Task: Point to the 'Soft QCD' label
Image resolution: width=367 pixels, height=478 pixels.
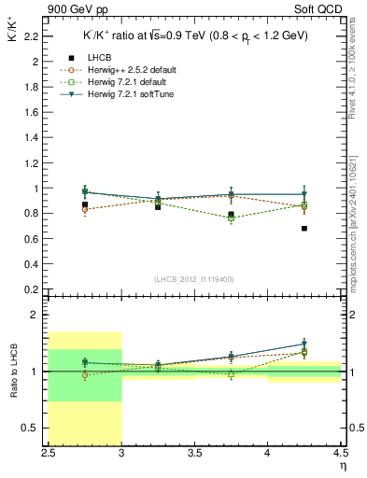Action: [x=324, y=9]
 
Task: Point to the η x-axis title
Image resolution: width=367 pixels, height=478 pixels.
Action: [x=341, y=466]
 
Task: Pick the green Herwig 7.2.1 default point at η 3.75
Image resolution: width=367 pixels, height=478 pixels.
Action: [x=231, y=218]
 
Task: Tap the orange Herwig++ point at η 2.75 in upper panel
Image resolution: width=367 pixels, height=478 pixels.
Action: [x=85, y=209]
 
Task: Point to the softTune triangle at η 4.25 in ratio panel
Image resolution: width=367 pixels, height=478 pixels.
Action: [x=304, y=344]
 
